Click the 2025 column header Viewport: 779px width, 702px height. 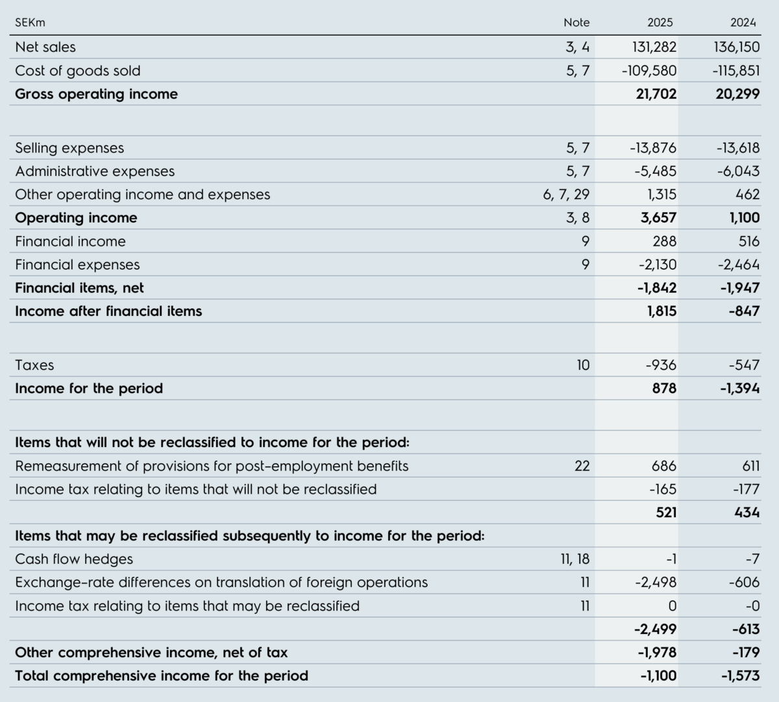pyautogui.click(x=660, y=23)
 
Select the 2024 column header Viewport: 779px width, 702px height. pyautogui.click(x=743, y=23)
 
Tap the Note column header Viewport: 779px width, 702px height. pyautogui.click(x=576, y=23)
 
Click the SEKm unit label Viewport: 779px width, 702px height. pyautogui.click(x=30, y=23)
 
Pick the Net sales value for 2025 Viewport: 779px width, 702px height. pyautogui.click(x=654, y=47)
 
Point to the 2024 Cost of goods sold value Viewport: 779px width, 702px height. pyautogui.click(x=736, y=71)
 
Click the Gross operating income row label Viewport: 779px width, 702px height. pyautogui.click(x=96, y=94)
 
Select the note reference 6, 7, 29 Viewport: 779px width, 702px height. pyautogui.click(x=566, y=195)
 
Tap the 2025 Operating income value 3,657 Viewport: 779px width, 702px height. pyautogui.click(x=659, y=218)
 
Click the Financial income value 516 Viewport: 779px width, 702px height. pyautogui.click(x=749, y=241)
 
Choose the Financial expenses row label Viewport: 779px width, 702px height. pyautogui.click(x=77, y=265)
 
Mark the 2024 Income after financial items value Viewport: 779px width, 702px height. pyautogui.click(x=745, y=311)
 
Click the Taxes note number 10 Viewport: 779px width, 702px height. pyautogui.click(x=584, y=365)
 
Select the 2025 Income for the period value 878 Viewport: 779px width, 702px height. pyautogui.click(x=665, y=389)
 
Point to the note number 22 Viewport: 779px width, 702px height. pyautogui.click(x=582, y=466)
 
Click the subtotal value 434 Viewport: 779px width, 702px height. pyautogui.click(x=747, y=513)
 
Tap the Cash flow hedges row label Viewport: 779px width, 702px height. pyautogui.click(x=74, y=559)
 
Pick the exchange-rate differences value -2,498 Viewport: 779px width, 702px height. pyautogui.click(x=656, y=583)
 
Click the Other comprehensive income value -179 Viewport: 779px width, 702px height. pyautogui.click(x=747, y=652)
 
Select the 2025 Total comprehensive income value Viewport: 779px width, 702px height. pyautogui.click(x=659, y=676)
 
